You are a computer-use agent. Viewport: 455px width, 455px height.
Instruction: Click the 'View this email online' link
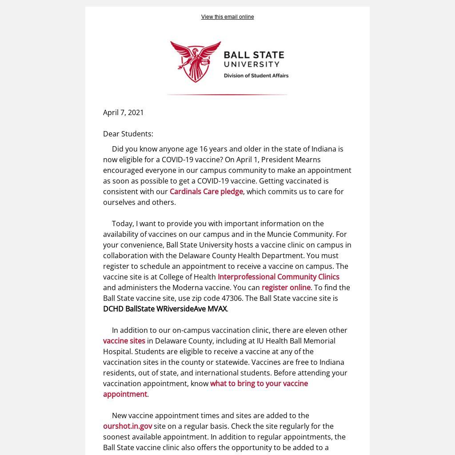click(227, 17)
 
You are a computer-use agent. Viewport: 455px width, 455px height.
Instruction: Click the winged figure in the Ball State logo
click(196, 61)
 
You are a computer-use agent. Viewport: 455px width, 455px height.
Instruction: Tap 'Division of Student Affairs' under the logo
click(256, 76)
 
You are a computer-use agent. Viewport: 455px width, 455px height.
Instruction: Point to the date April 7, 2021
click(124, 112)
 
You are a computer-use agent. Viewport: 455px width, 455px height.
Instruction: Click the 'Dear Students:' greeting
click(128, 134)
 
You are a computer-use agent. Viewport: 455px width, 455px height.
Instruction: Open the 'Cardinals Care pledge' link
click(206, 192)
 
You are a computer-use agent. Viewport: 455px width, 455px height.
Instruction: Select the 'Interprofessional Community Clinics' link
click(278, 277)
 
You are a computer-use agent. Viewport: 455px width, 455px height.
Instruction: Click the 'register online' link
click(286, 287)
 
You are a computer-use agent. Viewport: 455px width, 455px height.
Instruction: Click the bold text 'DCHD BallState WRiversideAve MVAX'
click(165, 309)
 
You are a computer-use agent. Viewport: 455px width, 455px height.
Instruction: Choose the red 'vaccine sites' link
click(124, 341)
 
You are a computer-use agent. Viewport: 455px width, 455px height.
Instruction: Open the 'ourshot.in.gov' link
click(128, 426)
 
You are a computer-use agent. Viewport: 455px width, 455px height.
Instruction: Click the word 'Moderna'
click(186, 287)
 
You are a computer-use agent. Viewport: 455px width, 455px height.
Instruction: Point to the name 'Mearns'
click(308, 160)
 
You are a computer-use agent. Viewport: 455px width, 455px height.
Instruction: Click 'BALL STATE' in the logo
click(254, 55)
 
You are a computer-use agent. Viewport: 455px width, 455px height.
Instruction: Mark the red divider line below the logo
click(227, 95)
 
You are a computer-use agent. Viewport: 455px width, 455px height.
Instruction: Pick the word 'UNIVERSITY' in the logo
click(251, 64)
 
